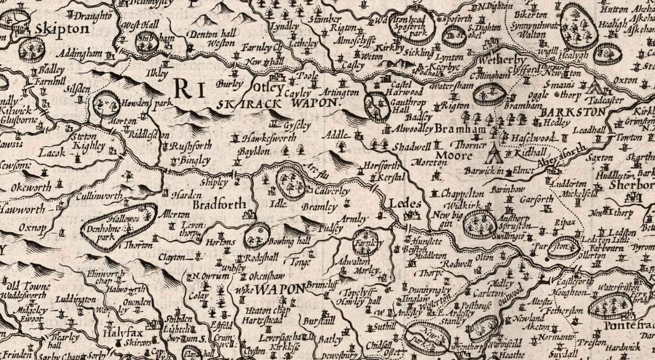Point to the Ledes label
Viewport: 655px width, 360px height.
coord(405,205)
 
